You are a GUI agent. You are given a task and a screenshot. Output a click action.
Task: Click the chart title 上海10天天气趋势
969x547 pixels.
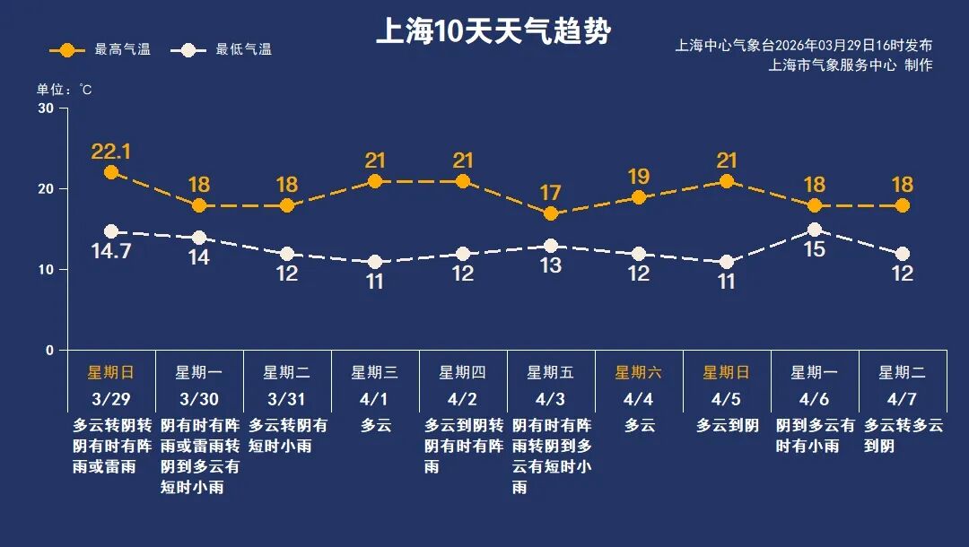(493, 32)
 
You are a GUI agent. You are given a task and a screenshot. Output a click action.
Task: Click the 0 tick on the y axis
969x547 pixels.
(49, 351)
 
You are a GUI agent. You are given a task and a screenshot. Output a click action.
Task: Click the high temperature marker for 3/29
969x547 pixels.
(111, 172)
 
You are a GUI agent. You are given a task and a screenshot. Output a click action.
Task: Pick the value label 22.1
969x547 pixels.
(111, 151)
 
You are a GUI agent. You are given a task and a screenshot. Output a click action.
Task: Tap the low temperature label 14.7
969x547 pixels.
(111, 251)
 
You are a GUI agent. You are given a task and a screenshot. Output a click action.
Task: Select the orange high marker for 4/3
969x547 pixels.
(551, 213)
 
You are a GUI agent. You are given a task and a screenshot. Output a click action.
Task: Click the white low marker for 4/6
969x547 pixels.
(815, 230)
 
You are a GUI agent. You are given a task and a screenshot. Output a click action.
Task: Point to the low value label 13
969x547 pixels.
(551, 265)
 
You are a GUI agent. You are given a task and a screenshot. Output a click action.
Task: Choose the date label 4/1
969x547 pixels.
(375, 398)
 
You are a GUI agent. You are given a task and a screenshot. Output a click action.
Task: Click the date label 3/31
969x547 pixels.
(287, 398)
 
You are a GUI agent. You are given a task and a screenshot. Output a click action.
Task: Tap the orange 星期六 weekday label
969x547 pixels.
(639, 372)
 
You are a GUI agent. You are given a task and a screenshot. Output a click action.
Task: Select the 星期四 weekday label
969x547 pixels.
(463, 372)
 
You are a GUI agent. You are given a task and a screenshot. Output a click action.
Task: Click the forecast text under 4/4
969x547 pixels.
(640, 426)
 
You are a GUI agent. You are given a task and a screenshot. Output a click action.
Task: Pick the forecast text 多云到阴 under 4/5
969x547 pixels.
(728, 426)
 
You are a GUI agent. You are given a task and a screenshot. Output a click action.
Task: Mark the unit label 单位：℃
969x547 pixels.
(64, 89)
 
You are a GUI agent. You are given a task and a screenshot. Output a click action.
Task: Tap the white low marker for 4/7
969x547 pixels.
(903, 254)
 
